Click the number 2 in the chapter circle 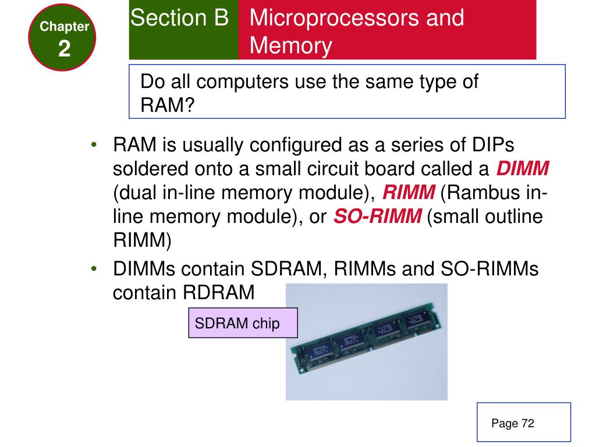tap(64, 49)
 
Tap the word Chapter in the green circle tap(64, 27)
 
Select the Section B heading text tap(180, 18)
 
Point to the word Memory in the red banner tap(291, 46)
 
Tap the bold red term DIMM tap(523, 169)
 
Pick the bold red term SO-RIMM tap(378, 217)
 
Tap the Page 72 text tap(512, 423)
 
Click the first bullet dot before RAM tap(94, 144)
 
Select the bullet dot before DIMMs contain tap(94, 269)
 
